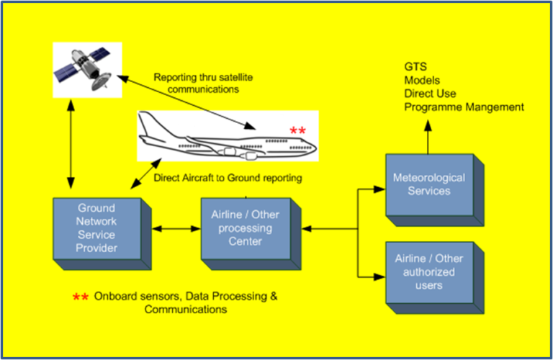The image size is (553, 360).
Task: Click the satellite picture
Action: point(87,70)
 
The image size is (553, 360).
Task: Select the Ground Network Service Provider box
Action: point(97,229)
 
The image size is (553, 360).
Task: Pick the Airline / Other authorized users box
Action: point(429,271)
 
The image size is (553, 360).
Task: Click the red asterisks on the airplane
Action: point(297,130)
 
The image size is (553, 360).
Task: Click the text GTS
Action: point(415,67)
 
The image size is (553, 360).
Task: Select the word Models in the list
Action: point(422,80)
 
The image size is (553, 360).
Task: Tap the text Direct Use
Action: point(430,94)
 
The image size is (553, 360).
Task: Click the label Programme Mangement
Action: point(464,107)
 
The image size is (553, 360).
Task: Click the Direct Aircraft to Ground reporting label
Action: point(228,177)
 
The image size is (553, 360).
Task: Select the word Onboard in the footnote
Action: point(115,297)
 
